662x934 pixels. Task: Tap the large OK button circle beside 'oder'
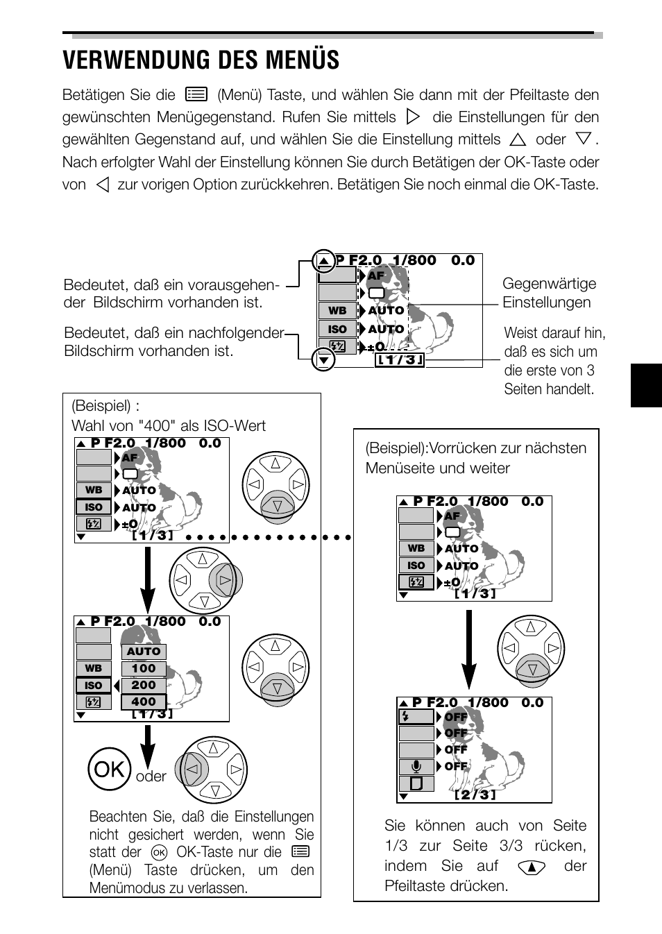click(x=110, y=769)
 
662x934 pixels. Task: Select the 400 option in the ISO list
click(x=144, y=702)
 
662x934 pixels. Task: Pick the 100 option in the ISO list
click(x=144, y=668)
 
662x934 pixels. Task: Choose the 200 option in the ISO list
click(x=144, y=685)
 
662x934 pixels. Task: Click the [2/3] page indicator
click(x=475, y=795)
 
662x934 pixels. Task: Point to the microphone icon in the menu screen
click(x=416, y=767)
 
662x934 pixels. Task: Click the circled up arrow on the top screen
click(x=323, y=262)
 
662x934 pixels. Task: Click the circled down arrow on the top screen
click(x=323, y=359)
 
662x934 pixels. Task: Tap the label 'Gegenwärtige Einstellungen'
click(x=548, y=293)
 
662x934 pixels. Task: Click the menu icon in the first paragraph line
click(x=197, y=94)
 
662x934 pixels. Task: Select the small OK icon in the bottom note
click(x=159, y=852)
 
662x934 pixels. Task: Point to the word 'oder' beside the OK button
click(x=151, y=776)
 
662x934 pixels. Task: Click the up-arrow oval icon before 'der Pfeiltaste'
click(x=532, y=867)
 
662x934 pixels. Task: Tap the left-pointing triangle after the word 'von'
click(x=103, y=185)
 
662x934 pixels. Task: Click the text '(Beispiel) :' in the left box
click(x=105, y=406)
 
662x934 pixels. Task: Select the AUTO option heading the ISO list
click(x=144, y=652)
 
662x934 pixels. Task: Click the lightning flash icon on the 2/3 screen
click(x=406, y=717)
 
